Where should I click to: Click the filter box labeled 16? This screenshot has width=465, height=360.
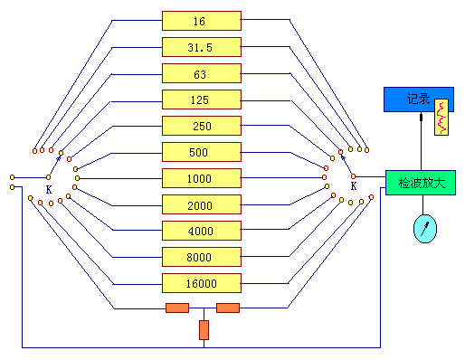[202, 21]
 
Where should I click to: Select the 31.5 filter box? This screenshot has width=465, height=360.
[202, 47]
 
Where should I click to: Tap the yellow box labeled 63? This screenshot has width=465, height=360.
[202, 73]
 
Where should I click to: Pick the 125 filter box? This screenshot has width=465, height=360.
[202, 99]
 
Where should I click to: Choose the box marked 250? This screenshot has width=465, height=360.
[202, 126]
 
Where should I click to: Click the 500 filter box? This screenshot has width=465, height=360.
[202, 152]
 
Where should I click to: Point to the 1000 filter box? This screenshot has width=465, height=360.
[202, 178]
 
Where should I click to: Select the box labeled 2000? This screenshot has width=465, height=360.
[202, 204]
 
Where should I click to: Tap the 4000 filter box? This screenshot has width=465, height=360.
[202, 231]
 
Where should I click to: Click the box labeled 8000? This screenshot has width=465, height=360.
[202, 257]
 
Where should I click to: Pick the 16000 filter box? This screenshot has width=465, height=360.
[202, 283]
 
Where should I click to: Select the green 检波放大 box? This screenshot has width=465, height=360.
[421, 183]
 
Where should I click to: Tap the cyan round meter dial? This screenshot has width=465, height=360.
[425, 229]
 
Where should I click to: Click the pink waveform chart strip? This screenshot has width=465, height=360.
[441, 117]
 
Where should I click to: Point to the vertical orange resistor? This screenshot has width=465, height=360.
[204, 330]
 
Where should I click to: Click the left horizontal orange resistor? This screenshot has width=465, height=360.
[177, 308]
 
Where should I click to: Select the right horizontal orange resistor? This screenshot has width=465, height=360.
[228, 308]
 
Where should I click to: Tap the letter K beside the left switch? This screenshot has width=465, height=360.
[49, 189]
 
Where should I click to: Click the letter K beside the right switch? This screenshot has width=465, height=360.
[354, 186]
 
